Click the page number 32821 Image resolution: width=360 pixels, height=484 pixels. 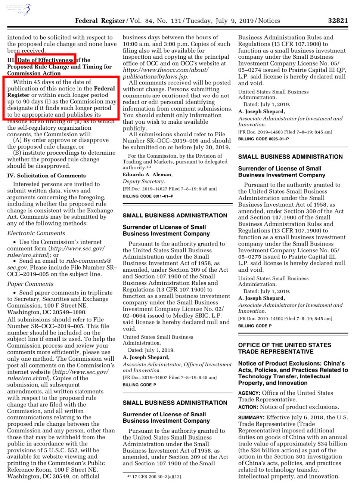coord(338,21)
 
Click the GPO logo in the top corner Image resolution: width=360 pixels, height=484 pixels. coord(19,9)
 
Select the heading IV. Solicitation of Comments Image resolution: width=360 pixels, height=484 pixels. coord(46,176)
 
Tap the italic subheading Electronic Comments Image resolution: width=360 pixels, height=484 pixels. coord(31,233)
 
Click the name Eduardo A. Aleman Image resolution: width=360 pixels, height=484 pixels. coord(148,175)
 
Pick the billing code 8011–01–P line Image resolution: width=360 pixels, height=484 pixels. coord(148,196)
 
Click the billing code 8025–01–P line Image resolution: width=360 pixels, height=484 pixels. coord(263,139)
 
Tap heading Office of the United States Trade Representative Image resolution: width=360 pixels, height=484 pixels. coord(285,348)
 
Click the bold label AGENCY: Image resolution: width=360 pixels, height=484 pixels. coord(249,393)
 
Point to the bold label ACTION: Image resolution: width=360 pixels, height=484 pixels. coord(248,407)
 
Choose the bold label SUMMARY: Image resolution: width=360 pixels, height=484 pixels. coord(251,417)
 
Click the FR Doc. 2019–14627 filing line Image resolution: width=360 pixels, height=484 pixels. coord(170,189)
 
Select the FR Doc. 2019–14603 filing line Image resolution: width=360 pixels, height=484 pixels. coord(285,132)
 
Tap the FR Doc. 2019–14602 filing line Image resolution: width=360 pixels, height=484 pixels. coord(285,319)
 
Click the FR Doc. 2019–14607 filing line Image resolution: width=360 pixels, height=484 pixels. coord(170,377)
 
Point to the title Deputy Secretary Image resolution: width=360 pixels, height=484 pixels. coord(144,182)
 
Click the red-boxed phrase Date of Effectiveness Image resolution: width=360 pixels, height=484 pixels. coord(46,60)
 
